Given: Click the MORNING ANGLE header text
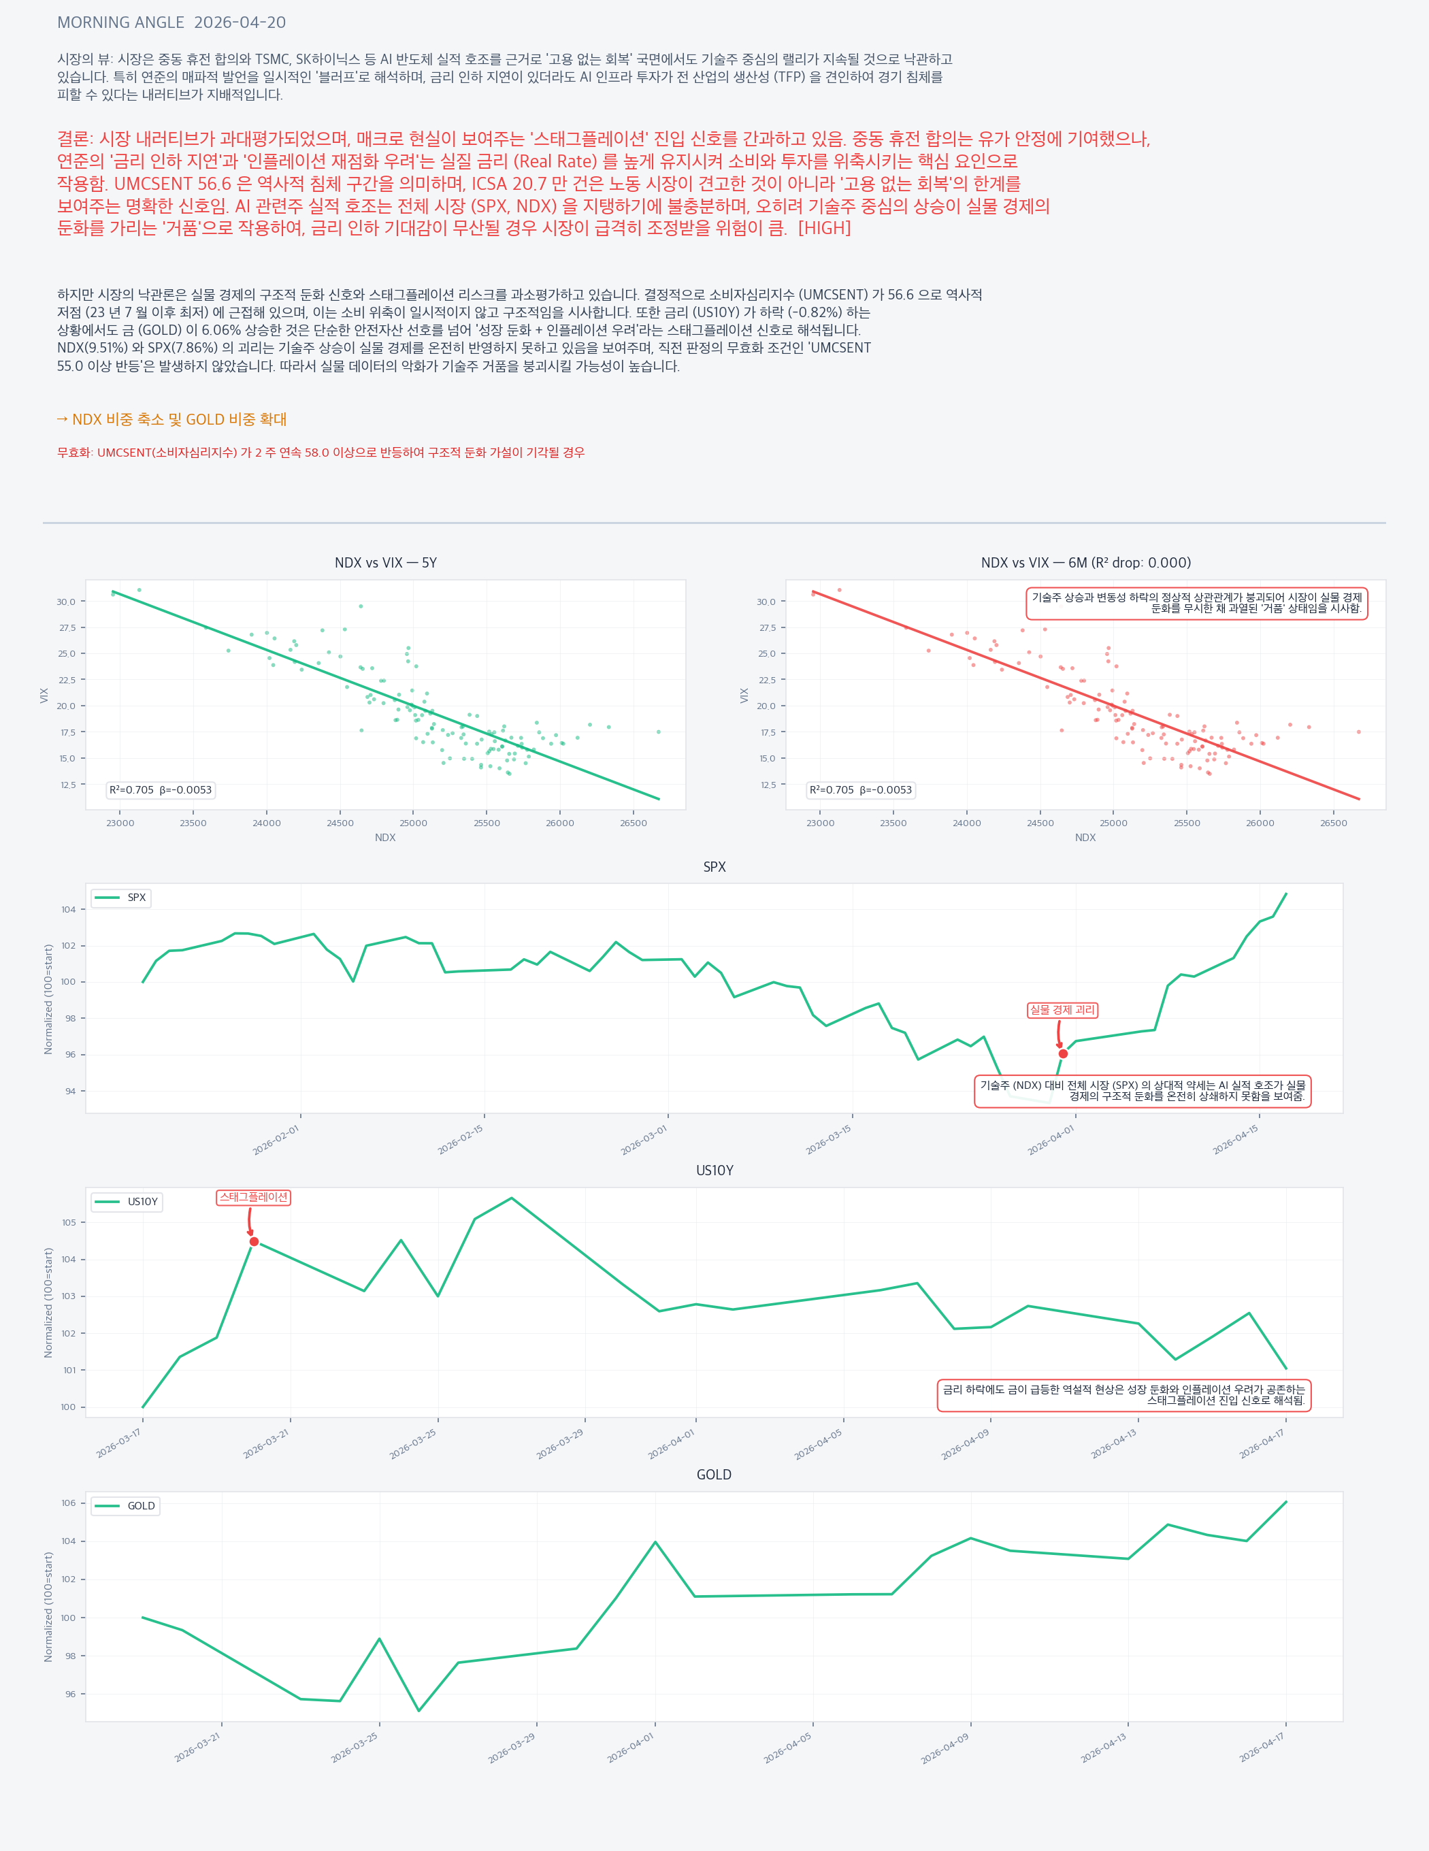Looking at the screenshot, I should pyautogui.click(x=120, y=23).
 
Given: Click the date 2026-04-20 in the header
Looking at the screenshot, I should pyautogui.click(x=240, y=23).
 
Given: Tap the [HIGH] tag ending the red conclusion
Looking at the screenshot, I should pyautogui.click(x=824, y=228).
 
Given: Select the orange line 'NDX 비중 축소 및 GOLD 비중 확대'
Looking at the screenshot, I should pyautogui.click(x=171, y=419).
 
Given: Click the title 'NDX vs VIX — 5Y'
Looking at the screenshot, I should pyautogui.click(x=386, y=563).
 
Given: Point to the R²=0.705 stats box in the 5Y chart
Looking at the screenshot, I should pyautogui.click(x=160, y=790).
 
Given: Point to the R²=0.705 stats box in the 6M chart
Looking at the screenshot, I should pyautogui.click(x=860, y=790).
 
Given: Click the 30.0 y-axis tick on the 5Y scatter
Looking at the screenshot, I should pyautogui.click(x=66, y=602).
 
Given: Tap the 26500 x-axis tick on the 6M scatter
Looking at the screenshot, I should pyautogui.click(x=1333, y=823).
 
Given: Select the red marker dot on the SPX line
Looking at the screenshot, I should pyautogui.click(x=1063, y=1053).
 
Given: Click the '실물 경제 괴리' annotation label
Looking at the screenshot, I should pyautogui.click(x=1062, y=1011).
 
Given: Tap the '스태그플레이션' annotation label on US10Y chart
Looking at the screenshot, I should pyautogui.click(x=253, y=1198).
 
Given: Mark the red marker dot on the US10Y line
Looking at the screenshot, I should pyautogui.click(x=254, y=1242).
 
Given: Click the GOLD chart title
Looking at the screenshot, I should pyautogui.click(x=714, y=1475).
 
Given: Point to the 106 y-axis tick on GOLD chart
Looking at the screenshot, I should pyautogui.click(x=68, y=1503).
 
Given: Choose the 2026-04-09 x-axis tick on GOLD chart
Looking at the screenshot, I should pyautogui.click(x=945, y=1748).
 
